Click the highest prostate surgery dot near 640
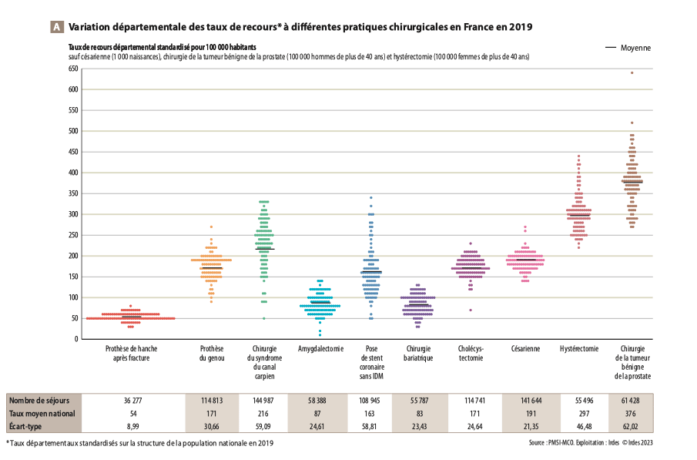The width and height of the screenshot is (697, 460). (x=632, y=73)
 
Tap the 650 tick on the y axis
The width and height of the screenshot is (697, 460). (x=73, y=69)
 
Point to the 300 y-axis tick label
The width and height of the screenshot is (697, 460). (x=73, y=214)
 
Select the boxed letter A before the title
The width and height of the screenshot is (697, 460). (x=56, y=27)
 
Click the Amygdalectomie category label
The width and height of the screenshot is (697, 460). (x=320, y=349)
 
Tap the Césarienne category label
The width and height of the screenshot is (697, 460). (x=525, y=349)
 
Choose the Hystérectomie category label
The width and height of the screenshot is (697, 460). (x=578, y=349)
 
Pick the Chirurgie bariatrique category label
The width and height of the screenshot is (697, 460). (x=418, y=354)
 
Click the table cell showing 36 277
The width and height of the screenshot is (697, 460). (x=136, y=400)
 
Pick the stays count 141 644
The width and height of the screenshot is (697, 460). (x=525, y=400)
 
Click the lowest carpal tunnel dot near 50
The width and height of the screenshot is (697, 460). (x=263, y=318)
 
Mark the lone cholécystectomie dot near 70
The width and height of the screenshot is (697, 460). (x=471, y=310)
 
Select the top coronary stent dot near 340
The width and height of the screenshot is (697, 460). (x=370, y=198)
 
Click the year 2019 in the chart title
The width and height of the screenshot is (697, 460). (x=521, y=27)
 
